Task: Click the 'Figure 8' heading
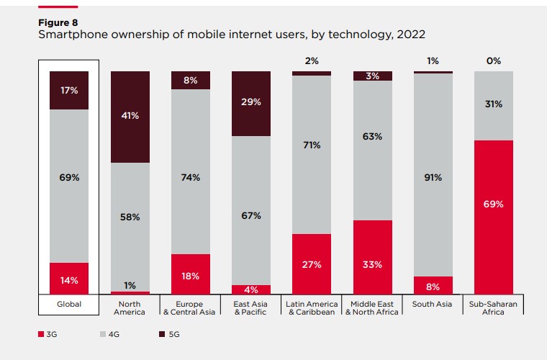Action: click(x=57, y=22)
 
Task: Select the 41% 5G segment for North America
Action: click(x=130, y=117)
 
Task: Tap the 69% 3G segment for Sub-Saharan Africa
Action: click(x=494, y=217)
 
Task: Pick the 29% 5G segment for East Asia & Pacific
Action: click(x=251, y=104)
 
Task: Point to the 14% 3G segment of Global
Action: click(x=69, y=278)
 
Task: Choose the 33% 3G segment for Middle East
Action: click(x=373, y=257)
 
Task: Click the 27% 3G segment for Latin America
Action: click(x=312, y=264)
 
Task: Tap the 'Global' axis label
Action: click(x=69, y=305)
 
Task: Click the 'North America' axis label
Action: click(x=130, y=308)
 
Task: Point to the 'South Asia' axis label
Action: click(x=433, y=305)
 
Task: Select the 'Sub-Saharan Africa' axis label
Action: click(x=494, y=308)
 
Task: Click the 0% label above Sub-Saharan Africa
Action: click(x=494, y=61)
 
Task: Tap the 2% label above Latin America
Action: click(x=312, y=61)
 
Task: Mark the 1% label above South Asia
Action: click(x=433, y=61)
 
